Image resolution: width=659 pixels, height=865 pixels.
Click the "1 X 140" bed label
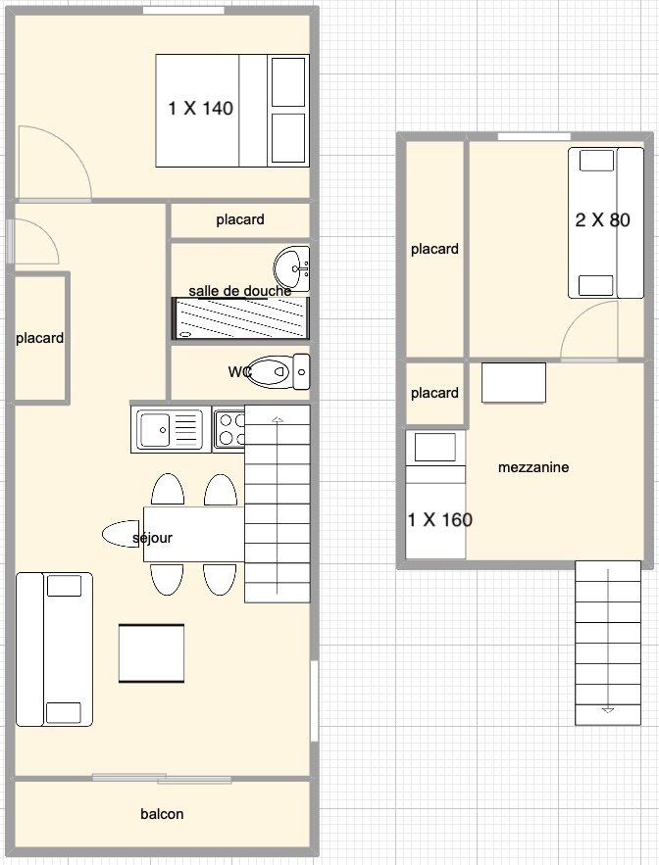pos(200,108)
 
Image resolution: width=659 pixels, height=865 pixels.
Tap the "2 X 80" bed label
pos(603,220)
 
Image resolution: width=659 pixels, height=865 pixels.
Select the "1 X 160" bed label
pos(439,519)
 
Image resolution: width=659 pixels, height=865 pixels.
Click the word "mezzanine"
pos(533,467)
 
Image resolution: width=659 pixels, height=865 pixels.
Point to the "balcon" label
pos(162,814)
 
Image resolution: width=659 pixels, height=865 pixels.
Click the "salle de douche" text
pos(239,291)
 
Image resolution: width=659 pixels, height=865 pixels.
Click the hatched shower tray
pos(241,318)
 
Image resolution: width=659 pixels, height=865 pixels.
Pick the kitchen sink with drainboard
pos(170,430)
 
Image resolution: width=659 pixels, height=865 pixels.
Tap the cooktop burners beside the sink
pos(229,430)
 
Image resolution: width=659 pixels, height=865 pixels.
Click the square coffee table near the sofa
pos(151,653)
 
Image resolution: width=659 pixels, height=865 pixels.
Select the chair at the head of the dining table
pos(121,534)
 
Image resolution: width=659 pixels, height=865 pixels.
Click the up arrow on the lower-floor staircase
pos(278,420)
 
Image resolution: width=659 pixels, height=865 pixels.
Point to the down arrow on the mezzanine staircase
pos(608,710)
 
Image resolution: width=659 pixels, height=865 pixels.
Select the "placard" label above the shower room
pos(239,219)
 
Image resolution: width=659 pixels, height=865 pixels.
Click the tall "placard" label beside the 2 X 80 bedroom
pos(434,249)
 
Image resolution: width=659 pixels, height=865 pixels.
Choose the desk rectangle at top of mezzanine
pos(514,383)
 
